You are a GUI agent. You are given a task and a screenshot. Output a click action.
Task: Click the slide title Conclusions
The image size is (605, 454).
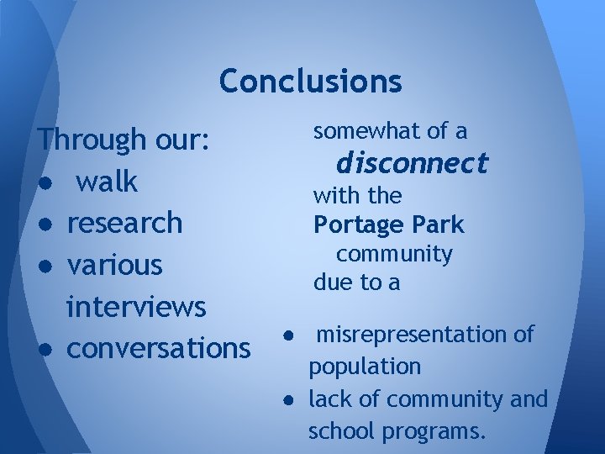pos(310,82)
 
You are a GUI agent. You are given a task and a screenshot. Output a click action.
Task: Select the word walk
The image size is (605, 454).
pos(106,182)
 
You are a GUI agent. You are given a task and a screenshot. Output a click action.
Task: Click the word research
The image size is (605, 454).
pos(124,223)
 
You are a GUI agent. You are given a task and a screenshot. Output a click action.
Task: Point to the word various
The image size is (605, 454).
pos(114,265)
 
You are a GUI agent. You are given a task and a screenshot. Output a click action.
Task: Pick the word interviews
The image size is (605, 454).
pos(136,306)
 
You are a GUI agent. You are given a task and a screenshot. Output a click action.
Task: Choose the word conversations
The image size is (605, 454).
pos(158,347)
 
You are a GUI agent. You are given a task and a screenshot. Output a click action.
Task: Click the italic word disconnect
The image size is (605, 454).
pos(411,162)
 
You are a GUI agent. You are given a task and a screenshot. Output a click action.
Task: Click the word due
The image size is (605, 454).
pos(334,283)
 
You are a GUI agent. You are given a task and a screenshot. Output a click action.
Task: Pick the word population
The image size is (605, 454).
pos(365,367)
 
